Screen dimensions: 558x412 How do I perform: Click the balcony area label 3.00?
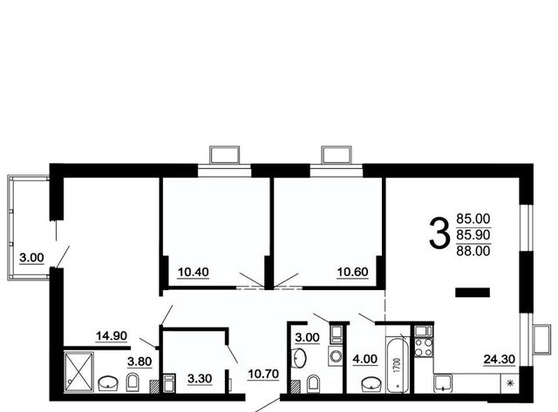coord(31,258)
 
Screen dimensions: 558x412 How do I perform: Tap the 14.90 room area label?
coord(112,335)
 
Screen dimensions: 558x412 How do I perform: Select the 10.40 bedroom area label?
coord(194,272)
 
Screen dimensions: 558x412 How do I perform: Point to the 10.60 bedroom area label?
coord(352,272)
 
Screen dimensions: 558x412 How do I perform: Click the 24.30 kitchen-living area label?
coord(500,360)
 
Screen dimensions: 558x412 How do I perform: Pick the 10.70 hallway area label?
coord(263,374)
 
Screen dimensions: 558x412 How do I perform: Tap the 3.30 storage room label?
coord(200,379)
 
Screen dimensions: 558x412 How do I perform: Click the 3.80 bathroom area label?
coord(139,361)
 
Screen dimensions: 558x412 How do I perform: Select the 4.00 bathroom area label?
coord(364,359)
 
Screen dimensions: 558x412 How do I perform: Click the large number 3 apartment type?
coord(439,233)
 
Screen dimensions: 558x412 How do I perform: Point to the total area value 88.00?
coord(473,251)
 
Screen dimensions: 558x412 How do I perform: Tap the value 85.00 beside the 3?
coord(473,218)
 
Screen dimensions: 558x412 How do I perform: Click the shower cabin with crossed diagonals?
coord(78,372)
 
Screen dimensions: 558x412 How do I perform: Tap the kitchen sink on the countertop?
coord(443,383)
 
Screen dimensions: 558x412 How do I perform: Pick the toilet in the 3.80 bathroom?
coord(133,382)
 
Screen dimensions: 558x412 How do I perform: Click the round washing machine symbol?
coord(335,356)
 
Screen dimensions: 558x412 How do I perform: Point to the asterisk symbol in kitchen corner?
coord(511,383)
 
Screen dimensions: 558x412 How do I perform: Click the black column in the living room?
coord(473,292)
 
